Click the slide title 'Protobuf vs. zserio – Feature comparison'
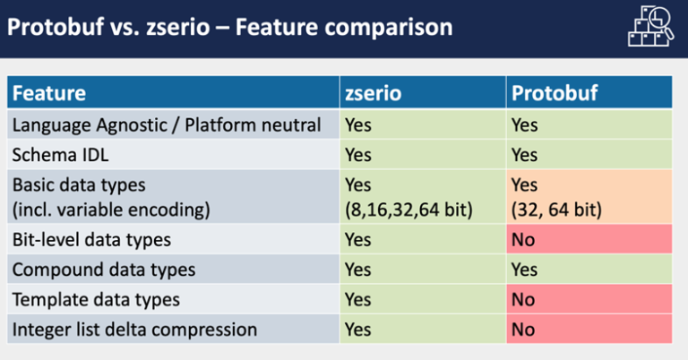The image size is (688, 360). [x=229, y=27]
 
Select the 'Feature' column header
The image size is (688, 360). [x=49, y=93]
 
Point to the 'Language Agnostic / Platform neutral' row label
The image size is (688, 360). [x=167, y=124]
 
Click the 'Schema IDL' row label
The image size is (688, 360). [x=61, y=154]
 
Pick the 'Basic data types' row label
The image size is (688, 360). [x=79, y=184]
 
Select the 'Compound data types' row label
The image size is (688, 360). [x=104, y=269]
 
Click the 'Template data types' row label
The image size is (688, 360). [x=96, y=299]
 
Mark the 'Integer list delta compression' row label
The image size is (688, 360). [x=134, y=329]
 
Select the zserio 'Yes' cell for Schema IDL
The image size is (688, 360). [x=358, y=154]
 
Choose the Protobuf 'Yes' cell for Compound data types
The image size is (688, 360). [x=525, y=269]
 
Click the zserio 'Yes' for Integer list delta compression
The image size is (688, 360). [x=358, y=329]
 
